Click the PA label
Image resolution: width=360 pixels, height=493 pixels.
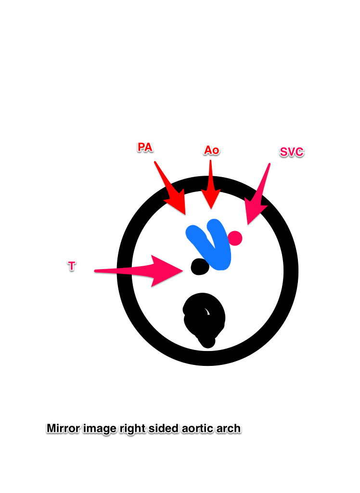click(x=145, y=147)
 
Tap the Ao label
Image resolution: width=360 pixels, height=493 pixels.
click(x=212, y=150)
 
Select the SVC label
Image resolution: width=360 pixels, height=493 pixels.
click(x=292, y=152)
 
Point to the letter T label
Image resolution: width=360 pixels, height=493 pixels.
click(x=72, y=266)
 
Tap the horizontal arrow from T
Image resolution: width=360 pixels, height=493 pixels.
click(x=139, y=271)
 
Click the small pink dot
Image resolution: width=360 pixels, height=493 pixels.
click(x=235, y=238)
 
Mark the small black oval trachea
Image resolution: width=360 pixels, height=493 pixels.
click(x=200, y=267)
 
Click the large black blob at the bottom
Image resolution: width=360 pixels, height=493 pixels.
click(x=204, y=320)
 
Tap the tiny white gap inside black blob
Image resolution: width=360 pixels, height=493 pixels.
click(x=206, y=311)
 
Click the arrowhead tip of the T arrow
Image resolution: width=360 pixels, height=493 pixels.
click(x=183, y=271)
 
